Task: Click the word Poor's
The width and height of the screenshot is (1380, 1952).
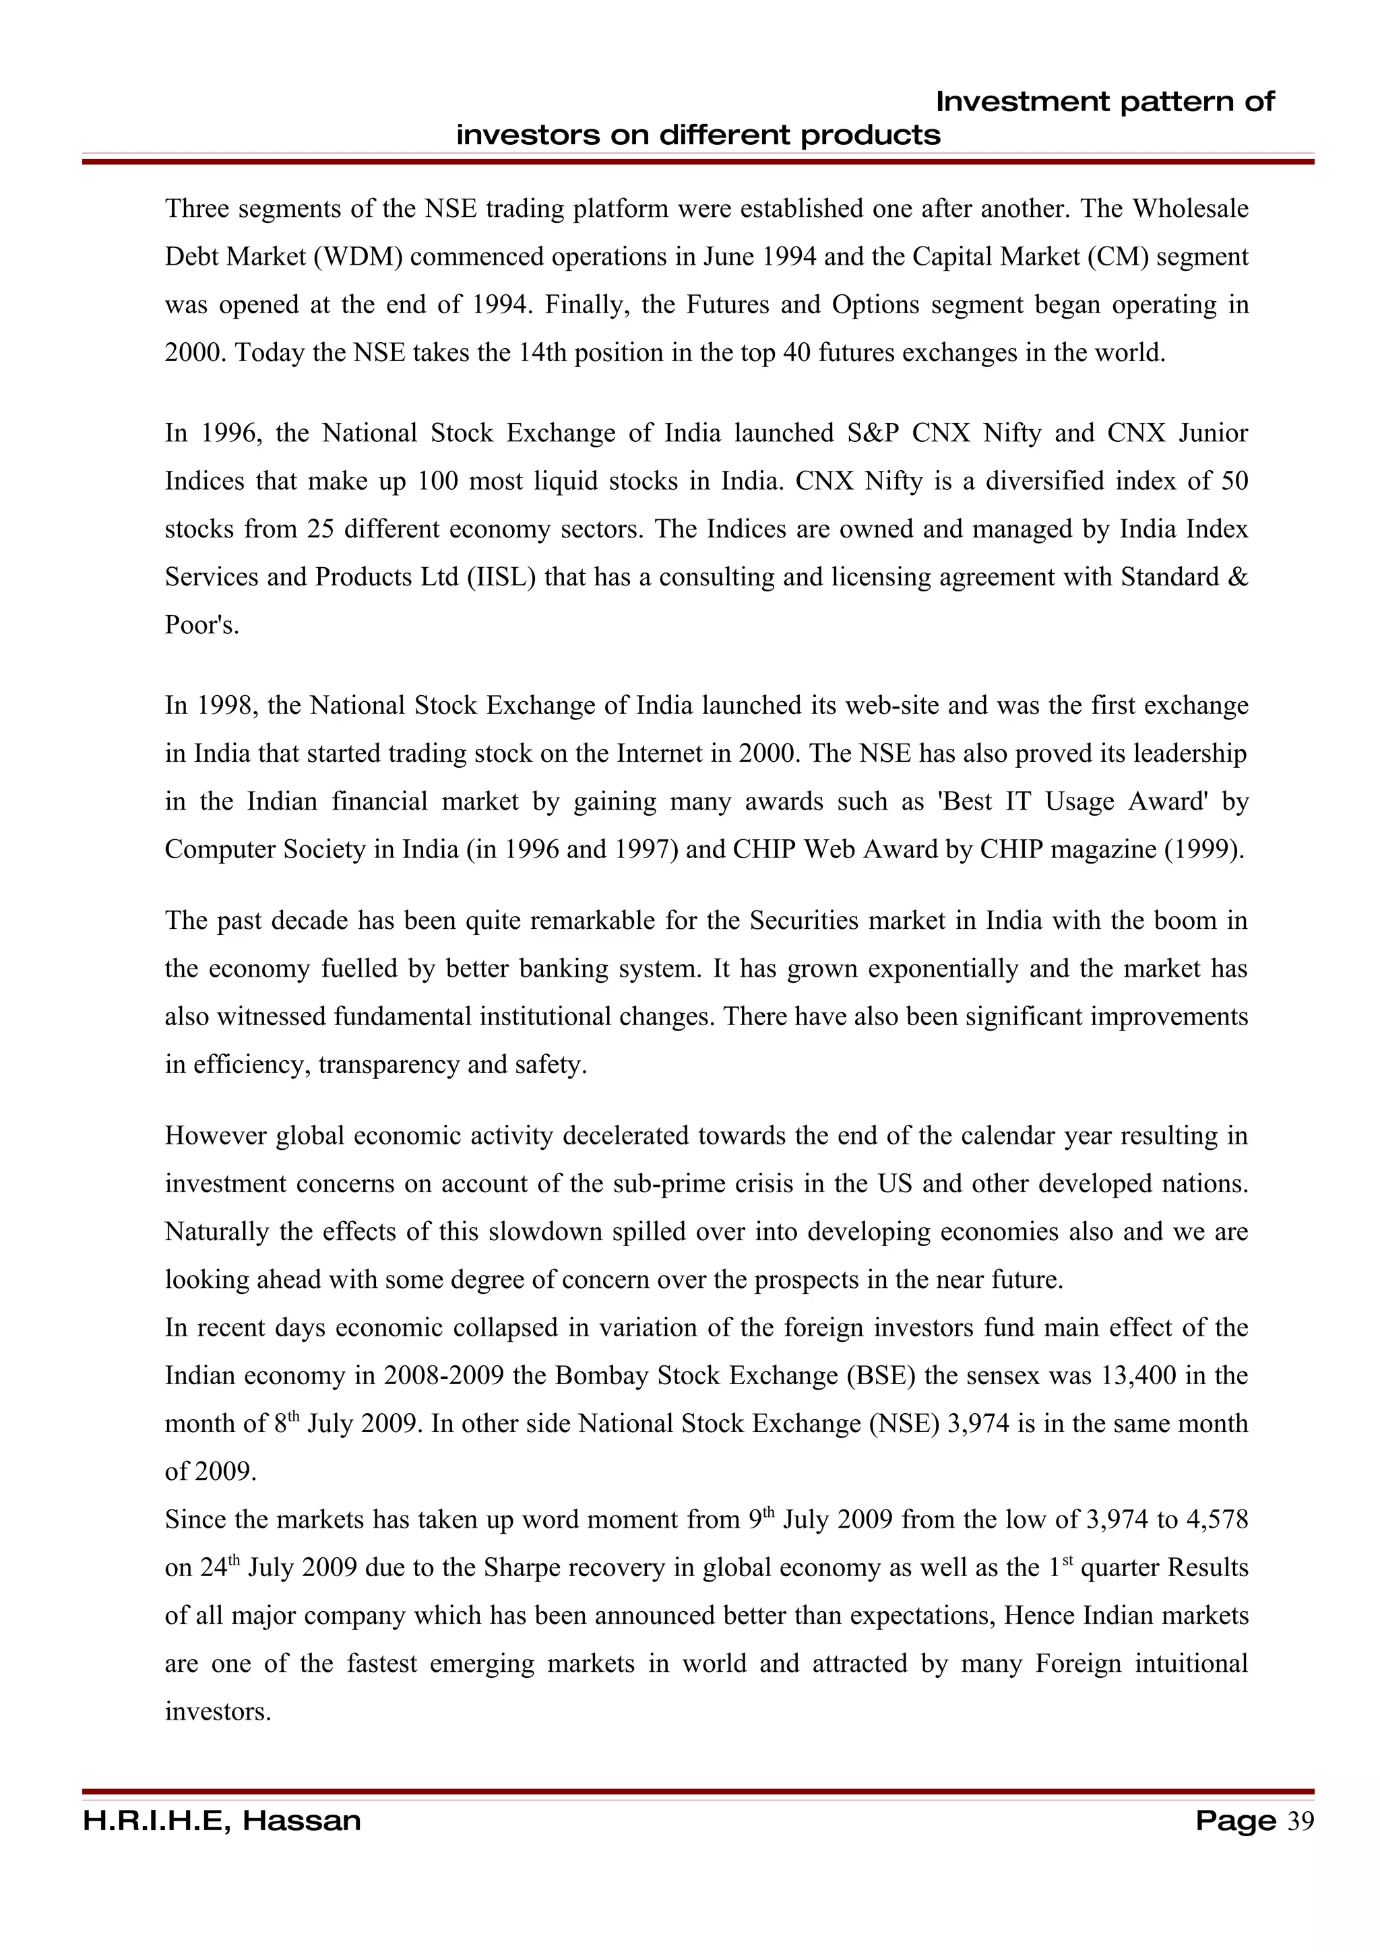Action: coord(201,626)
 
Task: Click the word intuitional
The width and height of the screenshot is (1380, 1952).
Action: coord(1191,1664)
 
